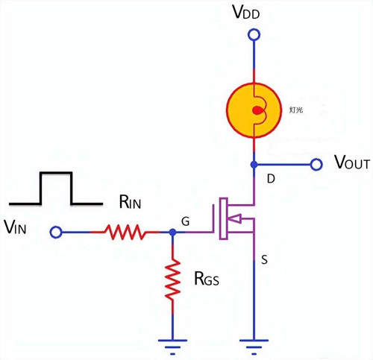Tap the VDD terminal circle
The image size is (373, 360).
pyautogui.click(x=254, y=34)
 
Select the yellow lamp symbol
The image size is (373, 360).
pyautogui.click(x=254, y=110)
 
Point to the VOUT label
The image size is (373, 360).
pyautogui.click(x=351, y=163)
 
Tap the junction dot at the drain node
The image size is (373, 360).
pyautogui.click(x=254, y=164)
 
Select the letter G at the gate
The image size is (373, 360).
pyautogui.click(x=184, y=221)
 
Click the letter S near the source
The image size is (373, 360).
pyautogui.click(x=264, y=260)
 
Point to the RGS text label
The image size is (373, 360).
pyautogui.click(x=206, y=279)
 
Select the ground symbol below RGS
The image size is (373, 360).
pyautogui.click(x=173, y=344)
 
